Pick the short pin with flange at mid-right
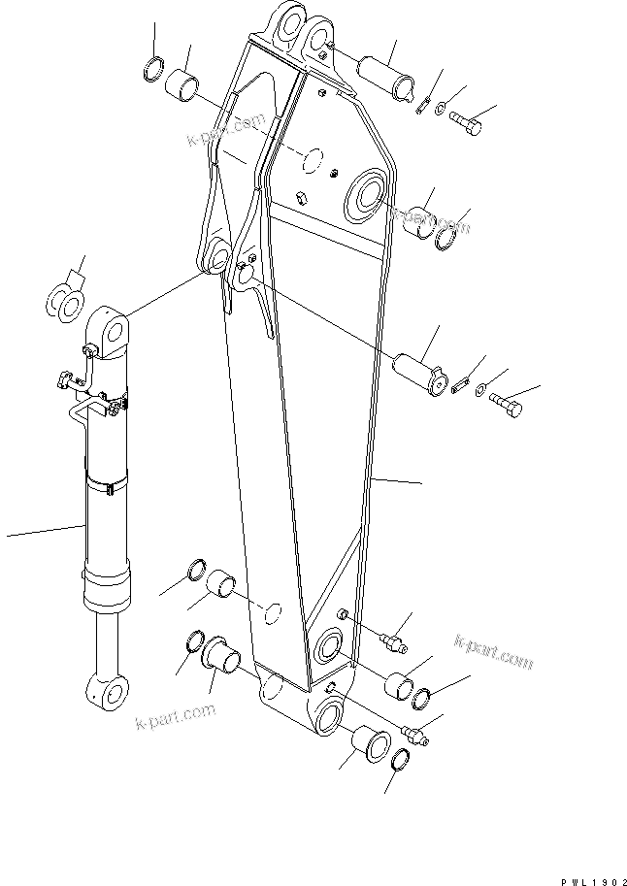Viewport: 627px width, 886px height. coord(415,374)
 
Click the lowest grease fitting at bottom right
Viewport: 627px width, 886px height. coord(414,737)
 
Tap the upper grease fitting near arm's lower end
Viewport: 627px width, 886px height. coord(395,641)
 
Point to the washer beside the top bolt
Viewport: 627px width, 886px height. coord(442,108)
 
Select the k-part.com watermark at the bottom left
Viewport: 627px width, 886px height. coord(174,719)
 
